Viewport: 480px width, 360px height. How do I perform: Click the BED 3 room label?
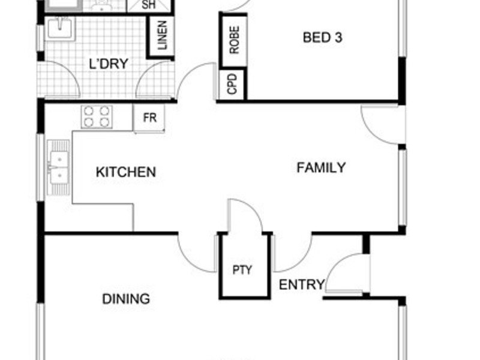click(x=322, y=37)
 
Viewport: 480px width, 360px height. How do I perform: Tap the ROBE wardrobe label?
click(x=234, y=40)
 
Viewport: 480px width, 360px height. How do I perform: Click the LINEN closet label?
click(x=162, y=35)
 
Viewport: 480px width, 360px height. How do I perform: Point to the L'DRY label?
click(x=109, y=64)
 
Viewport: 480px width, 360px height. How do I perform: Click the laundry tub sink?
click(x=61, y=29)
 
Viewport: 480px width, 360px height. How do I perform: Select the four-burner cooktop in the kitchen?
click(x=97, y=116)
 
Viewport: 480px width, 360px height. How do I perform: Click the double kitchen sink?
click(x=58, y=168)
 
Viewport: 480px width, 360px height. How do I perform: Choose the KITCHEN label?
click(x=126, y=172)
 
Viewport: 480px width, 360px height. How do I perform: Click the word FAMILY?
click(x=321, y=167)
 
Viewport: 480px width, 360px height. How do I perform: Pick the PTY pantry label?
click(x=242, y=269)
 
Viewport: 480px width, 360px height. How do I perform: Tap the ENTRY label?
click(x=302, y=284)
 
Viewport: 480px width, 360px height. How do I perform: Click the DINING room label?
click(x=126, y=299)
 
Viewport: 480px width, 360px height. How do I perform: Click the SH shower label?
click(x=149, y=5)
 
